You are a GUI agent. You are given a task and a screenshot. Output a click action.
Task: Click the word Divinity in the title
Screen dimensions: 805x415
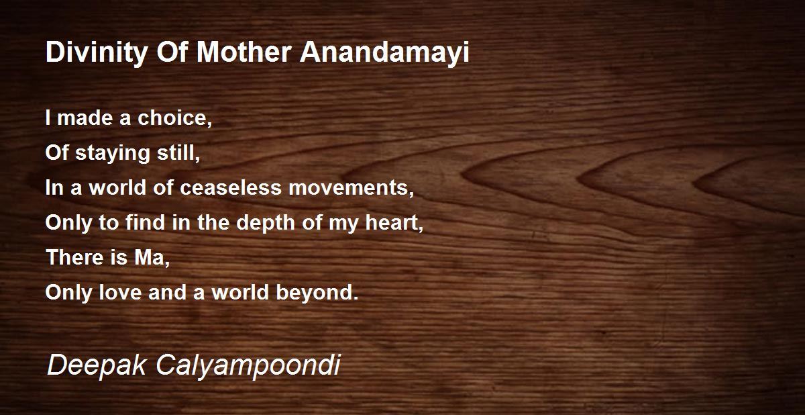click(x=97, y=53)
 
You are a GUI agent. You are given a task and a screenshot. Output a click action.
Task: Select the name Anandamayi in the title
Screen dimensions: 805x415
click(x=384, y=53)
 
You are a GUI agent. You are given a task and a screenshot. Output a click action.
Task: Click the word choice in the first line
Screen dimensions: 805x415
click(x=174, y=118)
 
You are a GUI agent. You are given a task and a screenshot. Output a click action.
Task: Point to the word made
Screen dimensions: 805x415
click(x=85, y=118)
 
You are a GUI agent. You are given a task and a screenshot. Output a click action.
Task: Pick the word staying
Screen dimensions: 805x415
click(x=113, y=154)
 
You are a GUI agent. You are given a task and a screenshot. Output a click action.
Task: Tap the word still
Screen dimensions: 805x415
click(x=178, y=153)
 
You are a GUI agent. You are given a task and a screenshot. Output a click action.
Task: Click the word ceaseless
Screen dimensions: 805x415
click(x=230, y=188)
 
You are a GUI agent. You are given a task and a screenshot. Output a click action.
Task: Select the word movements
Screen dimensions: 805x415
click(x=351, y=189)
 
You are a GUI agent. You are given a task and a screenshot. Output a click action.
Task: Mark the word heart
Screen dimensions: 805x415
click(x=394, y=223)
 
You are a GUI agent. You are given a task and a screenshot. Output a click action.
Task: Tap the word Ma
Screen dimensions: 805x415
click(x=152, y=259)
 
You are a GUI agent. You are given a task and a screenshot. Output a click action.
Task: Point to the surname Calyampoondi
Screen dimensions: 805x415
click(x=248, y=367)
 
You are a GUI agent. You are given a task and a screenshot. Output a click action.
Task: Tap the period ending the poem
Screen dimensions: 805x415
click(x=356, y=298)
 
